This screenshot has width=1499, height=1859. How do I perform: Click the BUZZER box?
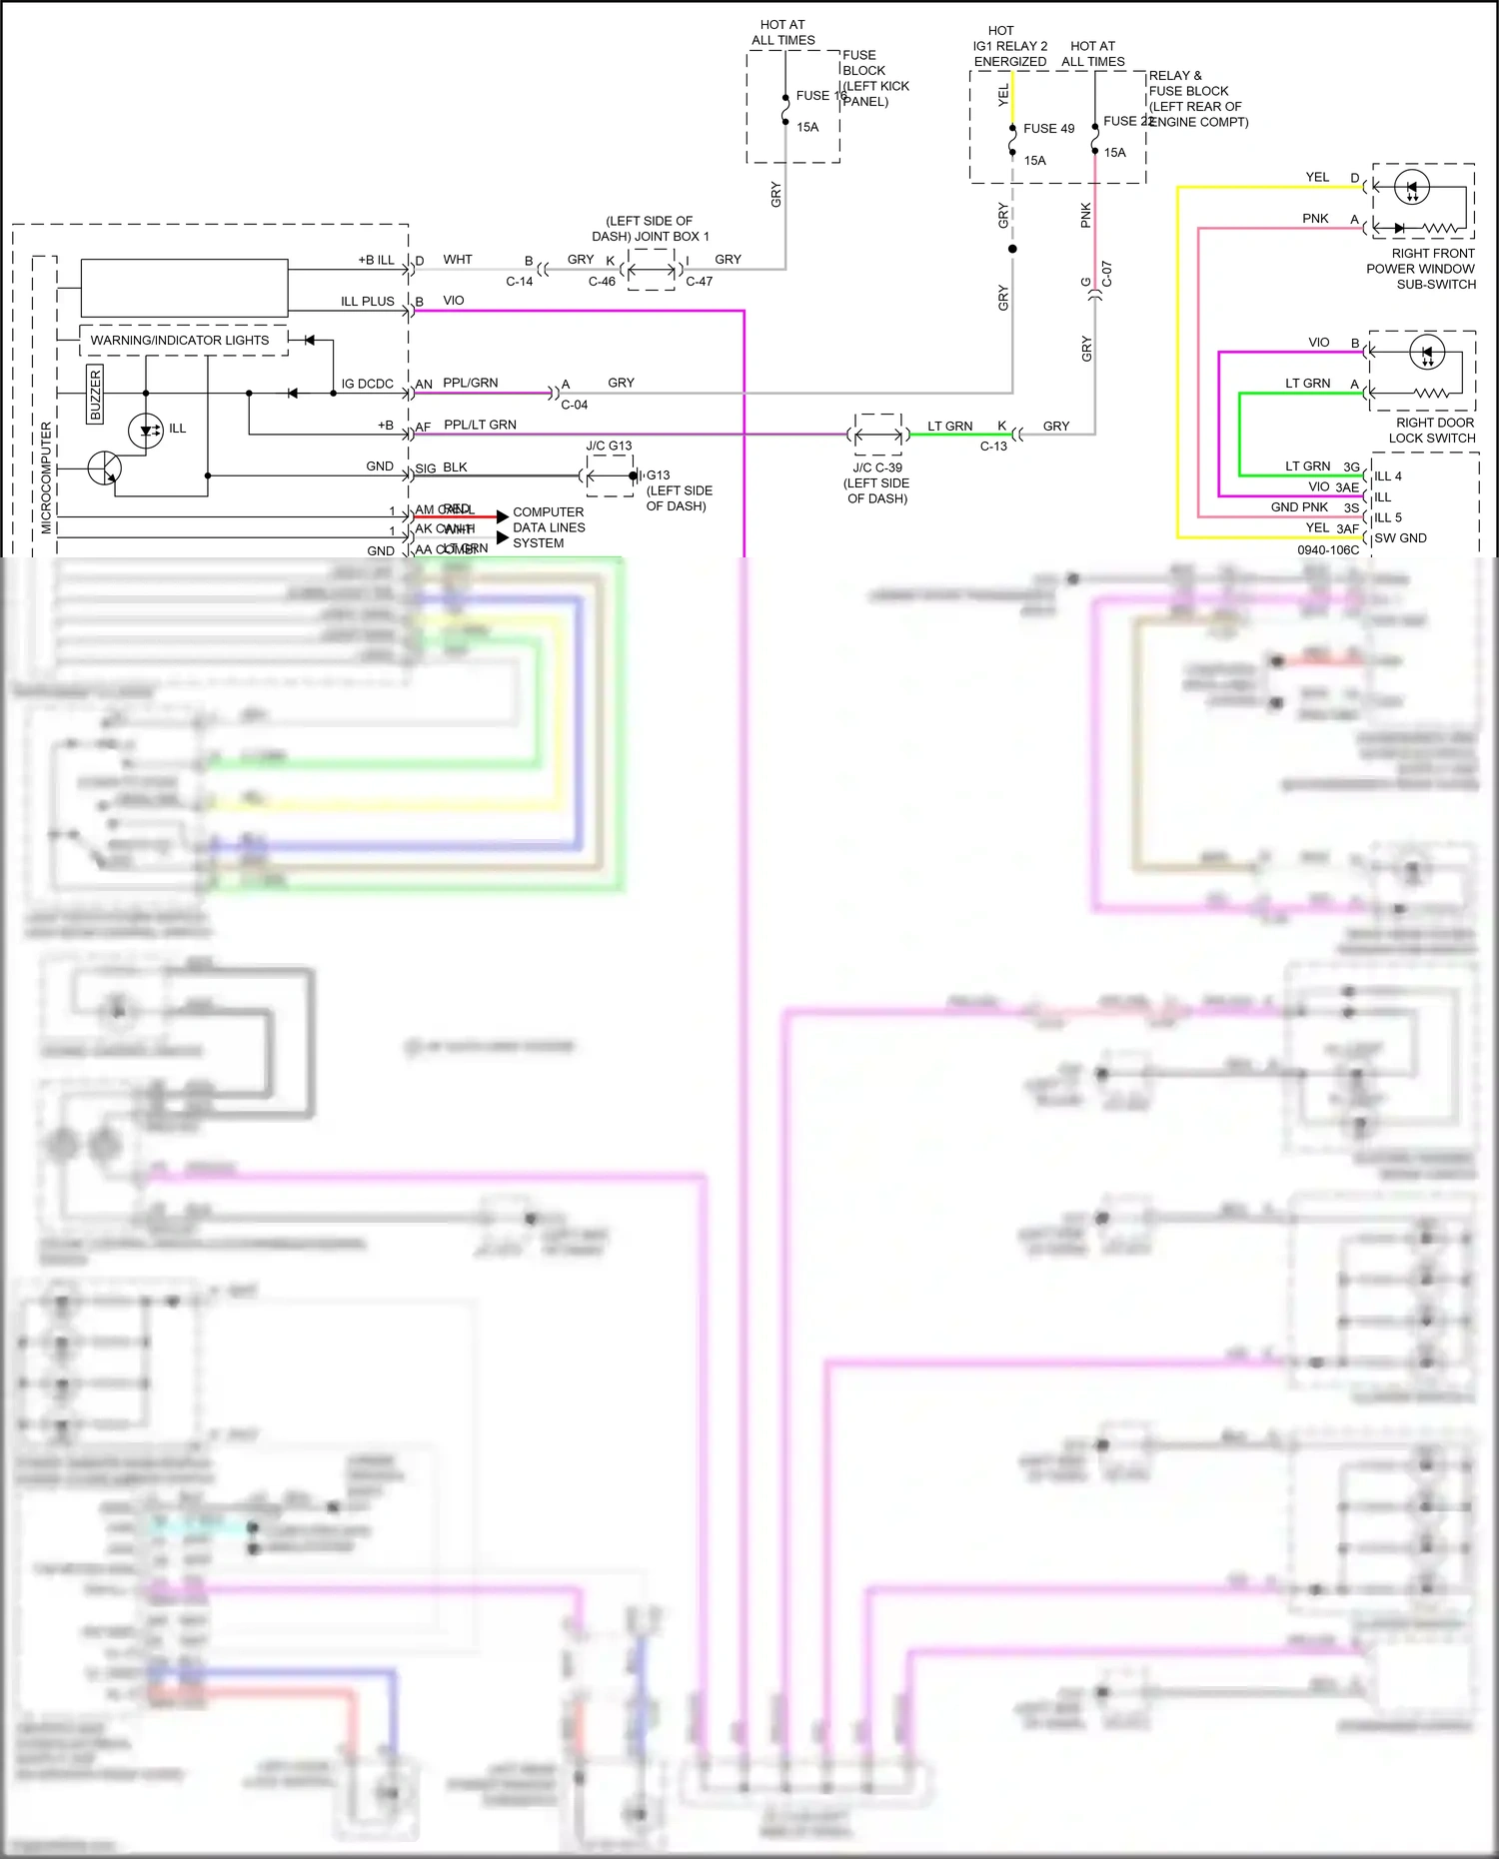coord(95,394)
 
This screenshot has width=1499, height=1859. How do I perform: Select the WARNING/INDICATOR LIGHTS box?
coord(180,340)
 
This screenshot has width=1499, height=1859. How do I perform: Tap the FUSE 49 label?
coord(1048,129)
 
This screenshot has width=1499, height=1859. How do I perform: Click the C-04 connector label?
coord(574,405)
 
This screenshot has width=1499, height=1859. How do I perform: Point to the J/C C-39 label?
coord(876,467)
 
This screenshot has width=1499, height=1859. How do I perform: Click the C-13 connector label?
coord(993,446)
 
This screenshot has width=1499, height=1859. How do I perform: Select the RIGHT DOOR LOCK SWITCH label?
coord(1434,431)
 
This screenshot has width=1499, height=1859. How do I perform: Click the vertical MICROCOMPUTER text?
coord(46,477)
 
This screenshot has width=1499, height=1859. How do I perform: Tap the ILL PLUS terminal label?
coord(367,301)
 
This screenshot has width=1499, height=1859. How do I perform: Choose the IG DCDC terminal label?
coord(367,384)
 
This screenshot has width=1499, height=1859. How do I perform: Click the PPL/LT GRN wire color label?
coord(480,425)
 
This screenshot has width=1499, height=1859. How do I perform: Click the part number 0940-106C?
coord(1327,549)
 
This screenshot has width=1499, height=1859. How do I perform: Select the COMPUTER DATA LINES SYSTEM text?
coord(548,527)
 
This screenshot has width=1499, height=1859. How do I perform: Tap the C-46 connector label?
coord(602,282)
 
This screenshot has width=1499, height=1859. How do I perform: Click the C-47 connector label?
coord(699,282)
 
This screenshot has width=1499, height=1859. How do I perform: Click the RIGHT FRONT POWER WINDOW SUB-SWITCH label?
coord(1420,269)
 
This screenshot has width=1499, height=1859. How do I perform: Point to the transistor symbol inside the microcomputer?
coord(105,467)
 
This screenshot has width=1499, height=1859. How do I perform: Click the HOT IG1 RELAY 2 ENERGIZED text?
coord(1009,46)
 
